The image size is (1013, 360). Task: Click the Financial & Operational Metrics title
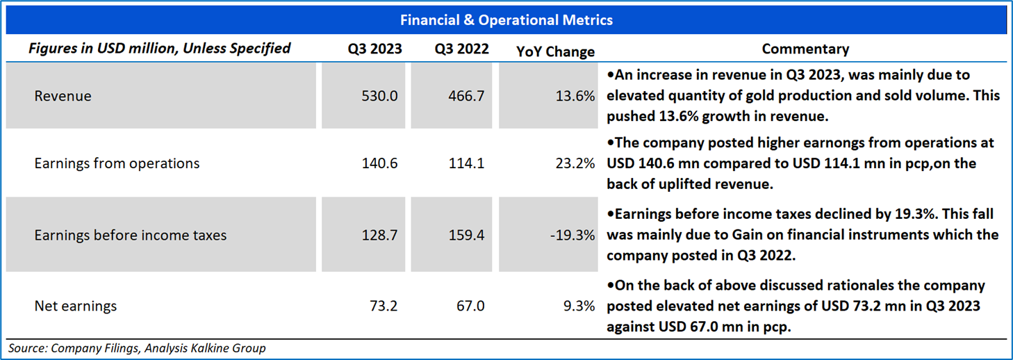click(x=506, y=20)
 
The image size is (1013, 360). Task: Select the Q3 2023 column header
click(x=374, y=49)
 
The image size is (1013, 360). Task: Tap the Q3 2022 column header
click(x=461, y=49)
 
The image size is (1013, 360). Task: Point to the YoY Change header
click(x=555, y=51)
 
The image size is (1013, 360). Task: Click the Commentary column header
click(x=805, y=49)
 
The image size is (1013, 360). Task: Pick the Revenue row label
click(x=63, y=96)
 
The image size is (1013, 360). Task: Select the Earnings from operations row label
click(x=117, y=163)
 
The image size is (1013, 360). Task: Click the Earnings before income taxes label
click(x=131, y=236)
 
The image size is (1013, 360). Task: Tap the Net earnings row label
click(x=76, y=306)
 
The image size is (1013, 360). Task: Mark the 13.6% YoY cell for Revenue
click(x=577, y=96)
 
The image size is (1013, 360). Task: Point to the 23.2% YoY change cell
click(x=577, y=163)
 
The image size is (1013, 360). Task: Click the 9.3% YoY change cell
click(x=580, y=306)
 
